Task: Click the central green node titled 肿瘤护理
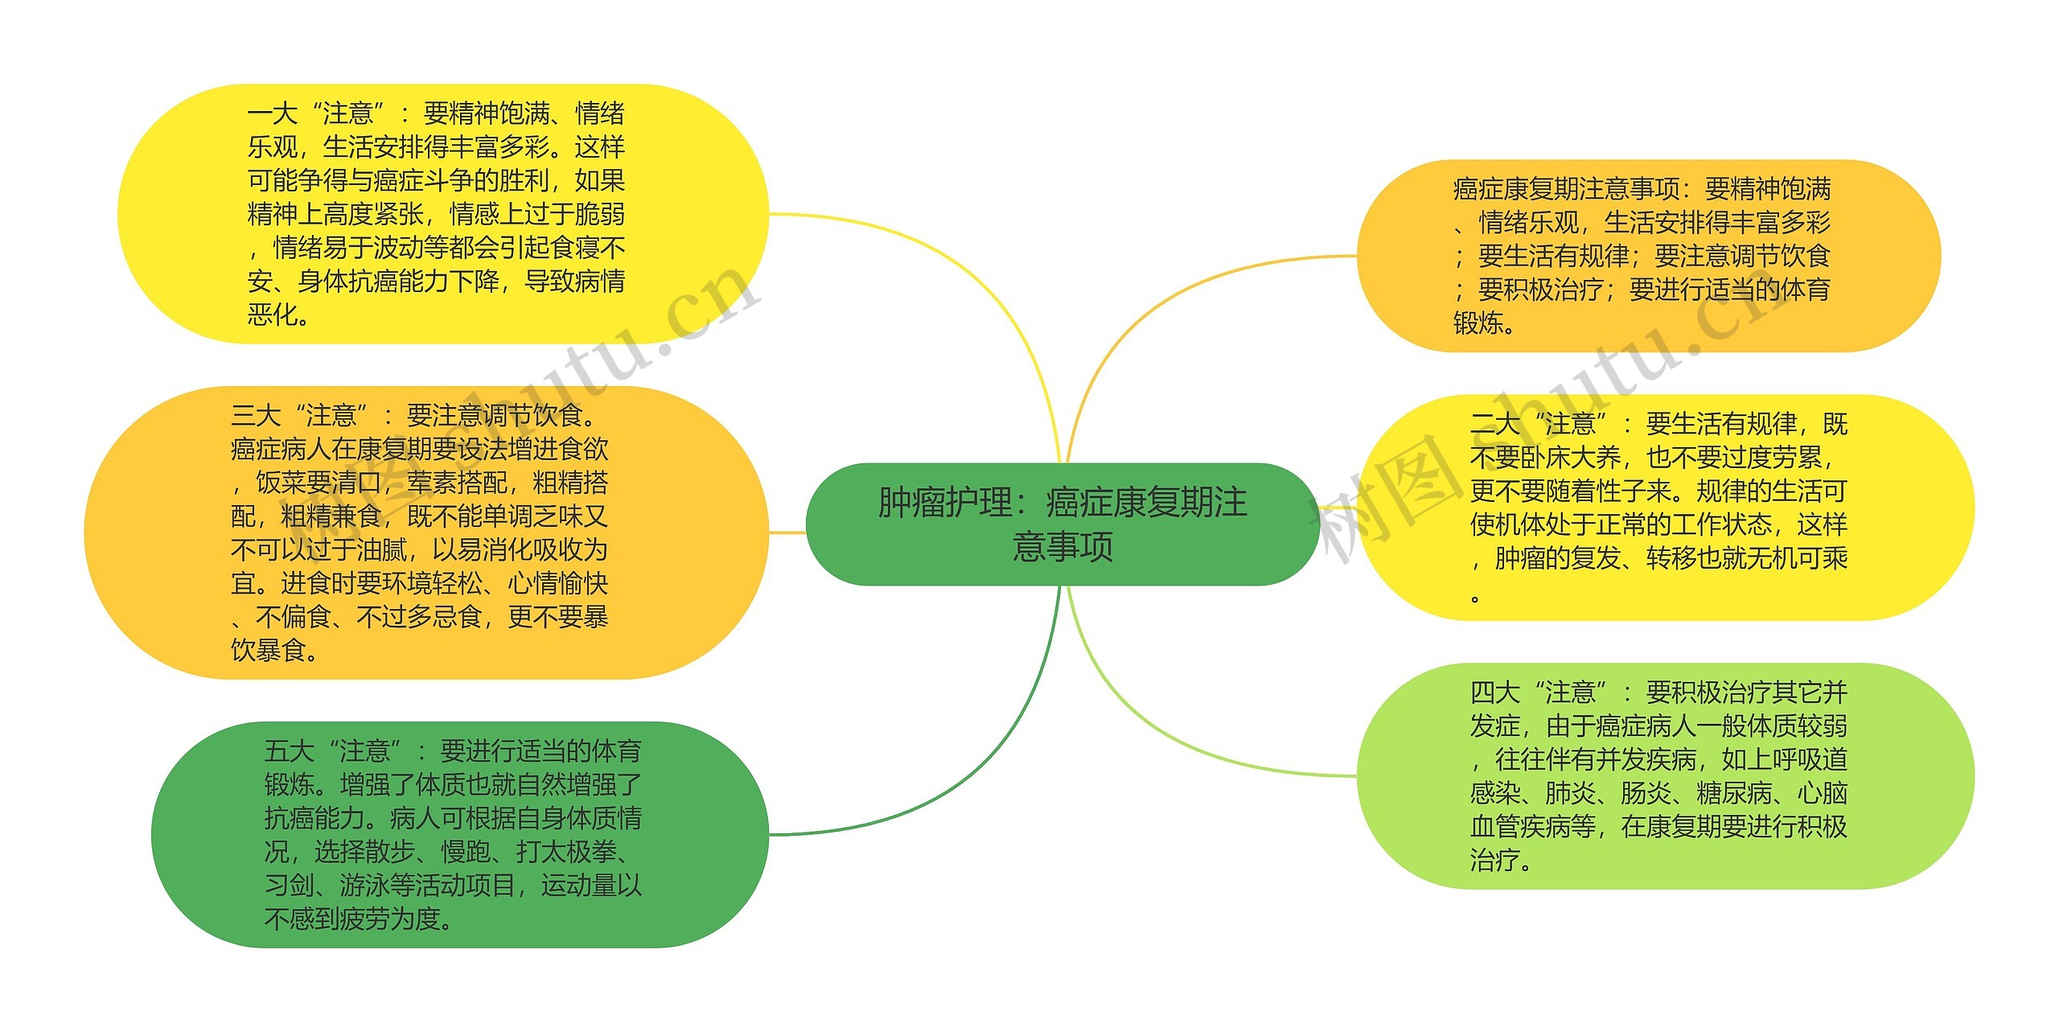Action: click(1062, 524)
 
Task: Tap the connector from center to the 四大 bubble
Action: click(1166, 740)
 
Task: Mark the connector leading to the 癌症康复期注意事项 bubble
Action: click(1166, 298)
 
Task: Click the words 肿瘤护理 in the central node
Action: click(944, 503)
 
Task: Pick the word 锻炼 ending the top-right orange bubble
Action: click(1478, 323)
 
